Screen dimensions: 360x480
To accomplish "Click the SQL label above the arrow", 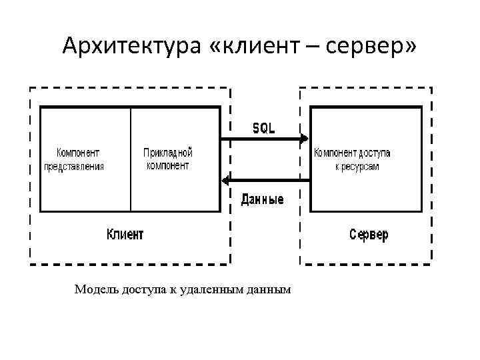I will click(263, 128).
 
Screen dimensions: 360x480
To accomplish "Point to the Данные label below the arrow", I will click(262, 199).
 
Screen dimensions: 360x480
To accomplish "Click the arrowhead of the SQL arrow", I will click(304, 139).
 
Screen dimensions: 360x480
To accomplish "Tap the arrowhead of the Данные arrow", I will click(225, 180).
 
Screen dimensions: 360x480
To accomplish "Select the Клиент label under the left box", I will click(125, 235).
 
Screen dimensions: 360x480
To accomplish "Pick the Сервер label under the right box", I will click(369, 235).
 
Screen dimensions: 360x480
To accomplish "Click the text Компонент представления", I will click(74, 159).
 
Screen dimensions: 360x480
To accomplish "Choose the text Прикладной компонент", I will click(168, 159).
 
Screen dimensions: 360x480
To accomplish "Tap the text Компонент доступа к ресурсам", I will click(353, 159).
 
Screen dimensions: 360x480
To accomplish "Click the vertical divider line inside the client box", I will click(131, 160).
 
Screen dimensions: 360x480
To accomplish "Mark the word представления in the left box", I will click(74, 166).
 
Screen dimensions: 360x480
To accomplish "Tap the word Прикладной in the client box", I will click(168, 153).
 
